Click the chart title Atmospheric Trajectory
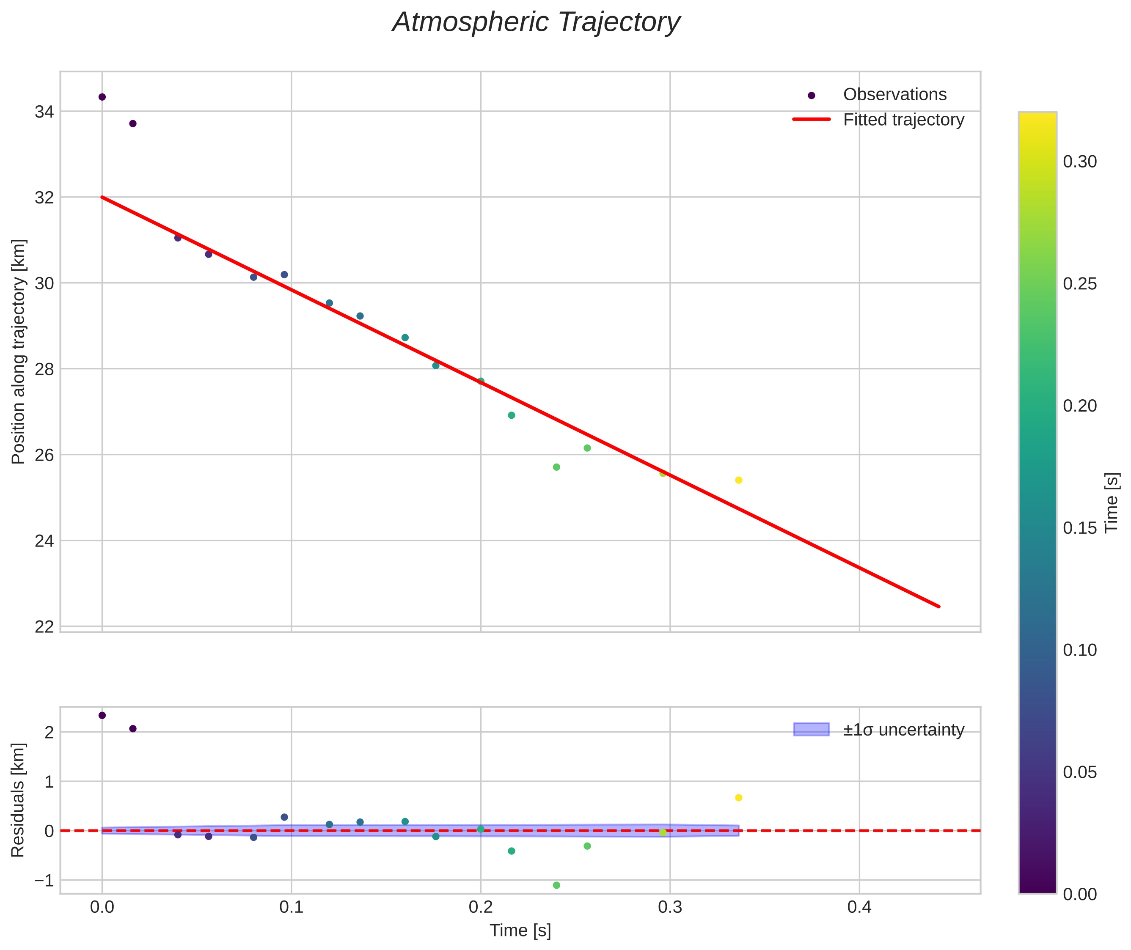536,22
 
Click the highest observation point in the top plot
102,97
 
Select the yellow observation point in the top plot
739,480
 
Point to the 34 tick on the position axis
44,112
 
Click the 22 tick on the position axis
44,626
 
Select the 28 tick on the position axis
44,369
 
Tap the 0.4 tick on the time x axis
859,907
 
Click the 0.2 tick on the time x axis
481,907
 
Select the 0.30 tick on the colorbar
1079,162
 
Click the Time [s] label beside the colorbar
1112,502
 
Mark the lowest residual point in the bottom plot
556,885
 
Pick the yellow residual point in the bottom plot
739,798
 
